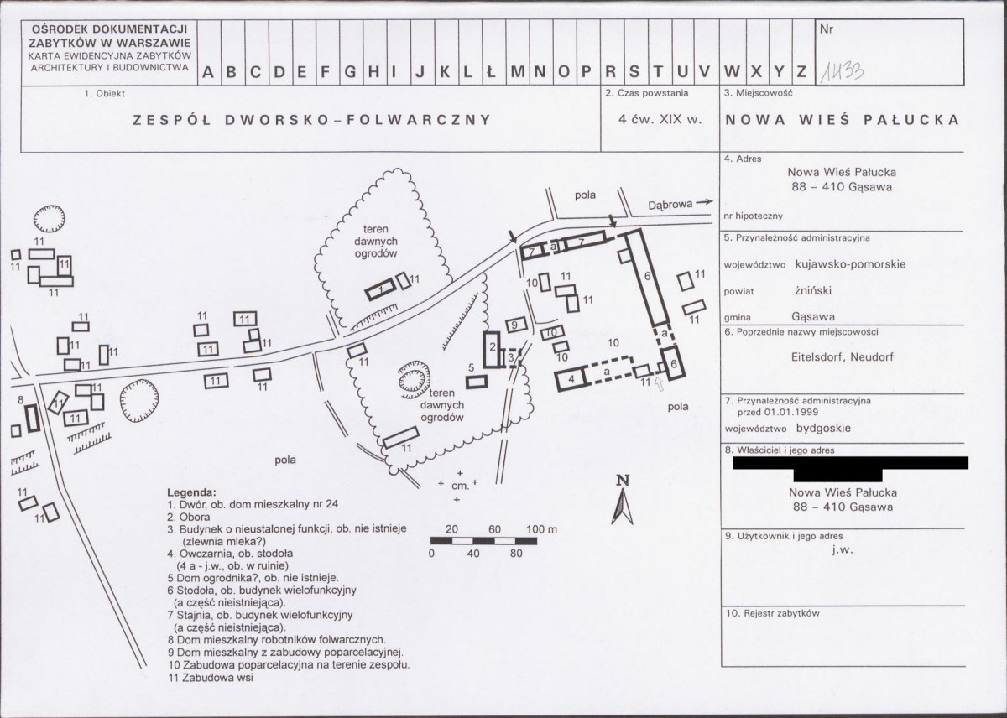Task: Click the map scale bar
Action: click(x=483, y=540)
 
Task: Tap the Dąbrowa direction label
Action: click(x=670, y=205)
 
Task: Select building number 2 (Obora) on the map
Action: click(x=492, y=350)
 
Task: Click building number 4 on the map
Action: click(x=571, y=378)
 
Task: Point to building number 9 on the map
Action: click(x=515, y=325)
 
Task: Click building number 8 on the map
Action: click(x=33, y=418)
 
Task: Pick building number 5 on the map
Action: click(x=477, y=382)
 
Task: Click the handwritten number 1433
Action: click(x=842, y=72)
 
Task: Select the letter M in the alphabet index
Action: click(x=518, y=72)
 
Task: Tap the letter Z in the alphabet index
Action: click(x=801, y=72)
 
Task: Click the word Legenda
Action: click(x=191, y=492)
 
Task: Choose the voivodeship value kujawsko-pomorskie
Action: click(x=851, y=263)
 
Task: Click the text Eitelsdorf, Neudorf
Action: click(x=843, y=357)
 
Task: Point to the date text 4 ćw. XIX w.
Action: click(x=660, y=120)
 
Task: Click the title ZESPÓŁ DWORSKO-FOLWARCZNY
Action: click(x=312, y=120)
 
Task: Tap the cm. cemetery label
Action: click(x=460, y=486)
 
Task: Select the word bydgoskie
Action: click(x=823, y=428)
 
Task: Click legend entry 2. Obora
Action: click(x=189, y=517)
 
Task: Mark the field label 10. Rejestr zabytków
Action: click(x=773, y=613)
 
